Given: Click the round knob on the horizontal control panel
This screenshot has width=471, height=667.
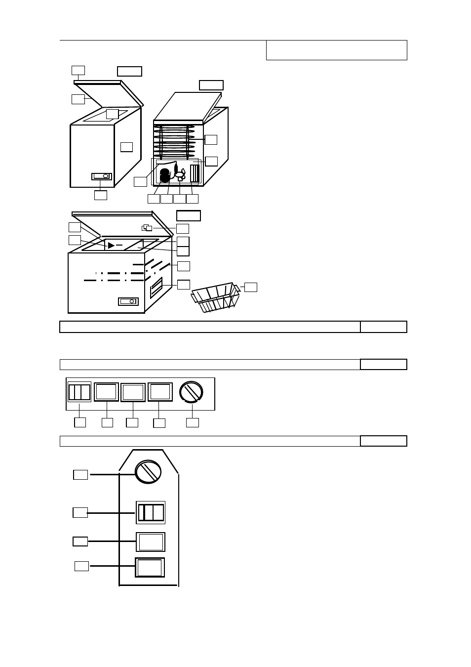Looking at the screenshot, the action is (192, 392).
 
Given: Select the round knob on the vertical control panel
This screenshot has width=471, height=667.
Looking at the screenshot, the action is (148, 471).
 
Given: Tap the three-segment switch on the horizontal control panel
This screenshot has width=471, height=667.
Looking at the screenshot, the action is (79, 392).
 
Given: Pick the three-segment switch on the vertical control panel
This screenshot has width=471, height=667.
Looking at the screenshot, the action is (151, 512).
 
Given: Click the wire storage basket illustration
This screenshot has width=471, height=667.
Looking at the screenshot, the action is (215, 297).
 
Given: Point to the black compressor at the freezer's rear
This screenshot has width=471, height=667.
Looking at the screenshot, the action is (165, 176).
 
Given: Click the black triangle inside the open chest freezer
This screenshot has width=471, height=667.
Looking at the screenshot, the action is (111, 246).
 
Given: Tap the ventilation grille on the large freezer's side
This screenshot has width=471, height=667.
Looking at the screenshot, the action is (156, 287).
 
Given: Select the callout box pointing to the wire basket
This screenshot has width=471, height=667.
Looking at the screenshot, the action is (251, 287).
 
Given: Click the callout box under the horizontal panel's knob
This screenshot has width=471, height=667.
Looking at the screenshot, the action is (193, 422).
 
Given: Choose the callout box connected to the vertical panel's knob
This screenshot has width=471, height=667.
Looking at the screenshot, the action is (80, 475).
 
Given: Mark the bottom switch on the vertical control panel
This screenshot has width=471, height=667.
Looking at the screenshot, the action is (150, 567).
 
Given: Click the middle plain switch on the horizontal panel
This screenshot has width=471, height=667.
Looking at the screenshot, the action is (133, 392).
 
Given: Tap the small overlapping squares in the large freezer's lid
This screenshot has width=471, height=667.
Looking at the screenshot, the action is (147, 228).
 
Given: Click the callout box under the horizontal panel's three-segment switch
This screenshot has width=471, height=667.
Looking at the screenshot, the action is (79, 422).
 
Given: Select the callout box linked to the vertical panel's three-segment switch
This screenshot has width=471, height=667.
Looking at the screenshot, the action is (80, 512).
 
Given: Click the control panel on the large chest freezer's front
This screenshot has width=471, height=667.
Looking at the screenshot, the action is (128, 301).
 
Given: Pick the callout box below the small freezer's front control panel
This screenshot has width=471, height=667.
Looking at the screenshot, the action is (100, 195).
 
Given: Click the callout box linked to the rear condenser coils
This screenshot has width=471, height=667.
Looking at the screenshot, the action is (211, 139).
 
